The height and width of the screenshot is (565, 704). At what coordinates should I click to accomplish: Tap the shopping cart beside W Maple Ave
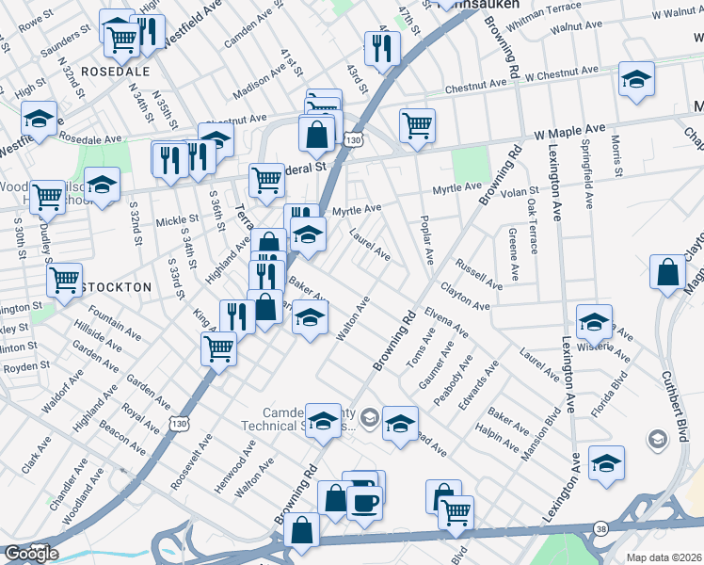click(417, 125)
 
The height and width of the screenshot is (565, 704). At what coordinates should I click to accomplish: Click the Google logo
click(32, 554)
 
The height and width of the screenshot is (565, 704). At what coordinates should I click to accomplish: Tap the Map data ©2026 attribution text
click(664, 557)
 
